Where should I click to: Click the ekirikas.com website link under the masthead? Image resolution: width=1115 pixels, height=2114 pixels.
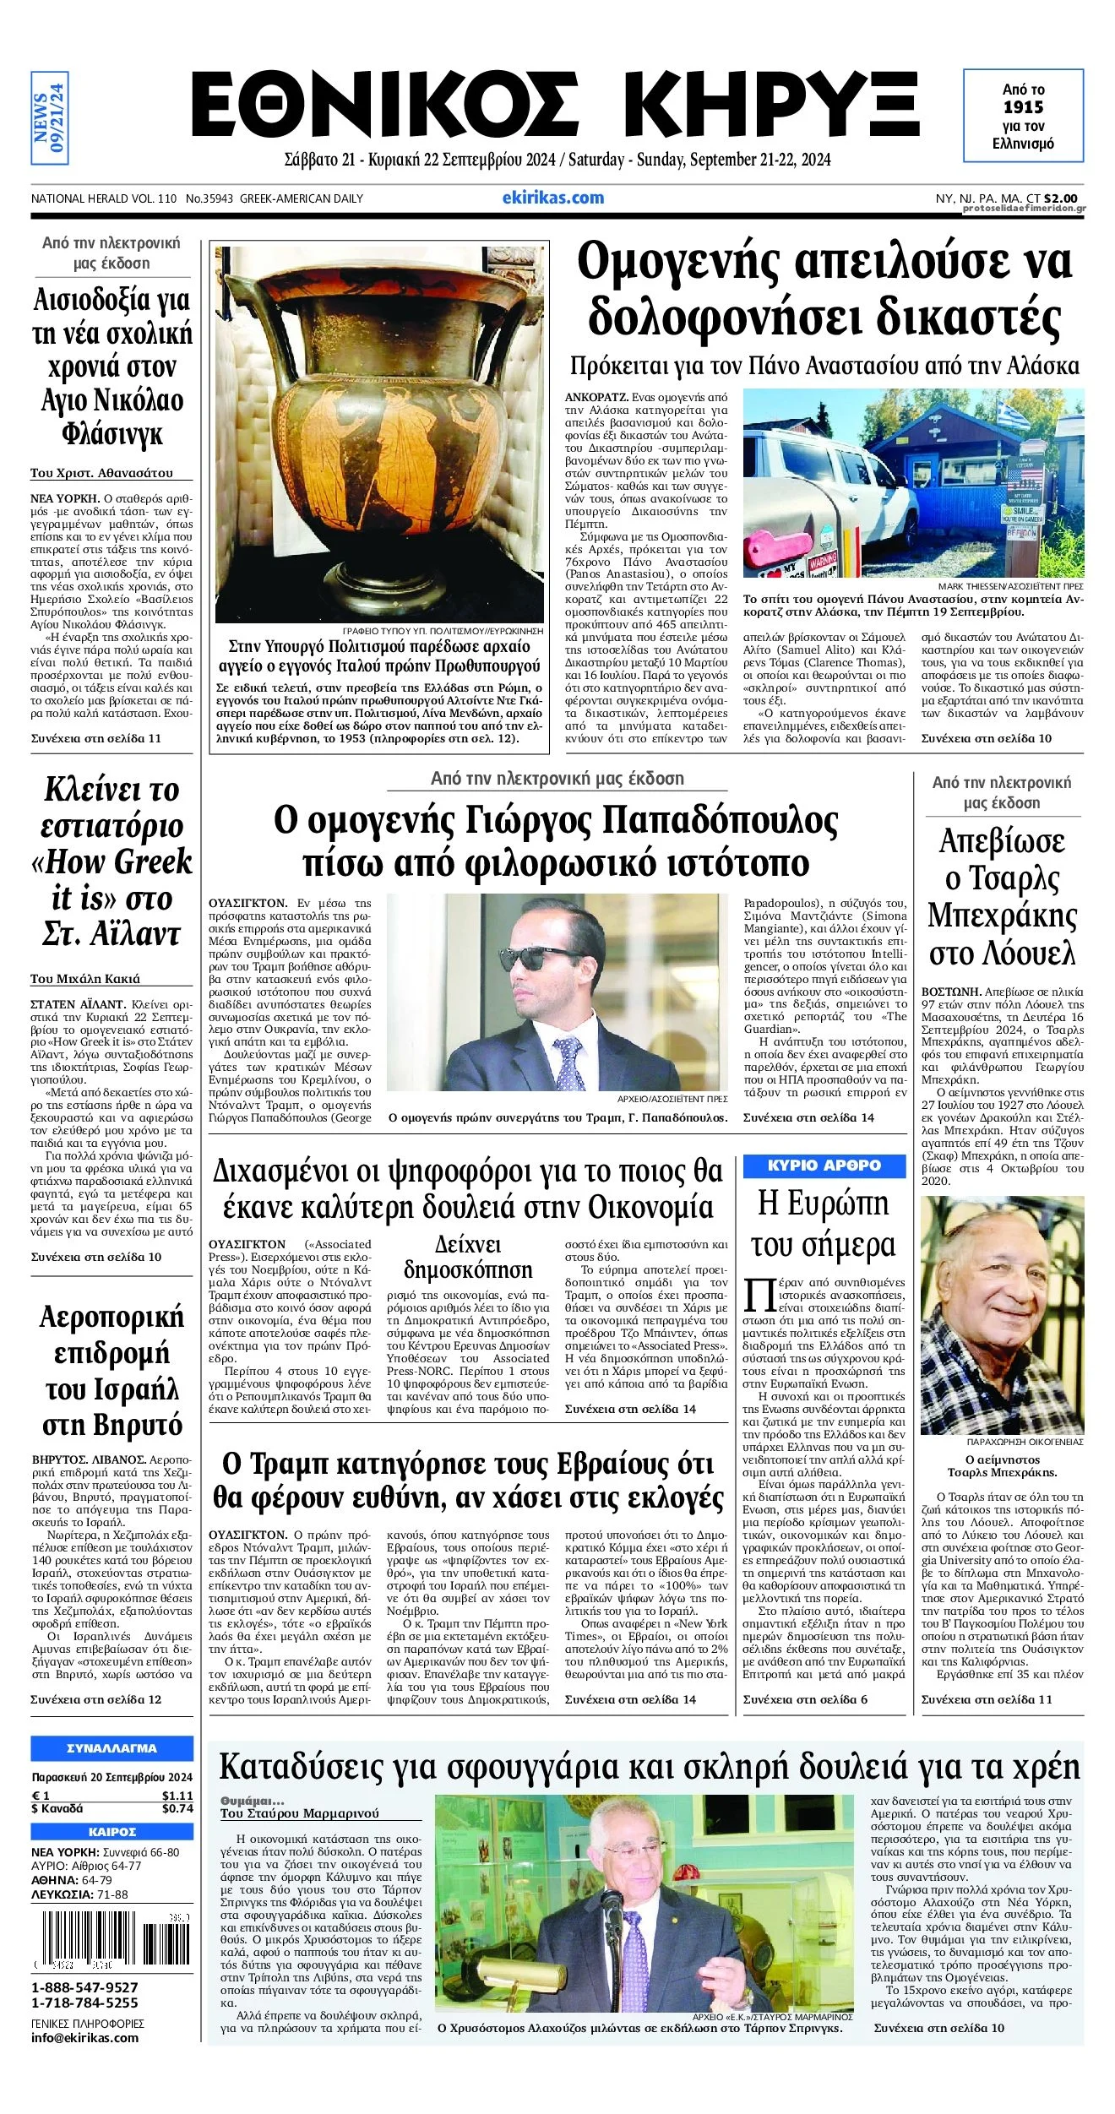click(x=552, y=198)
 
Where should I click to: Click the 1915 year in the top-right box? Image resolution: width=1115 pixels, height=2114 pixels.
click(x=1023, y=107)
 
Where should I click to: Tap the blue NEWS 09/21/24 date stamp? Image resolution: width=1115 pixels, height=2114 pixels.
click(x=49, y=117)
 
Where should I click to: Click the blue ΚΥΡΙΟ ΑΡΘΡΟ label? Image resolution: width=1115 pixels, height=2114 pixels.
click(x=824, y=1166)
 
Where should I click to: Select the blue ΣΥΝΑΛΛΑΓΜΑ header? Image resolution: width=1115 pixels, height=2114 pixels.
click(x=111, y=1748)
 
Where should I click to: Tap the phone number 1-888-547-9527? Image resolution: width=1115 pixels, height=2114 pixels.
click(x=84, y=1988)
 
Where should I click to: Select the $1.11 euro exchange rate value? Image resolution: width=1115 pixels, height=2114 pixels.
click(x=177, y=1796)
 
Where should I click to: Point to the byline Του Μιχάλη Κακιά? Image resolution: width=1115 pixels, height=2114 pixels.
click(x=85, y=979)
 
